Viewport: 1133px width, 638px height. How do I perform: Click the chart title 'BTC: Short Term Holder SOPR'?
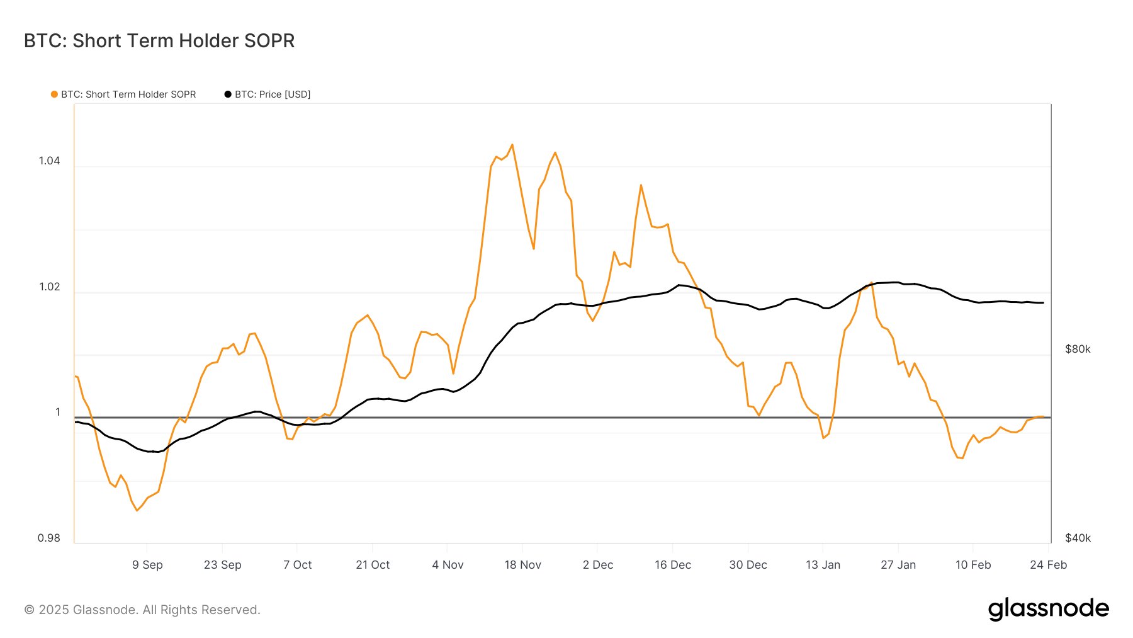(159, 41)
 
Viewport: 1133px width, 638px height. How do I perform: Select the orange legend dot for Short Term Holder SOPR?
(54, 94)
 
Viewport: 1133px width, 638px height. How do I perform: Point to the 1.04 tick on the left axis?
(50, 161)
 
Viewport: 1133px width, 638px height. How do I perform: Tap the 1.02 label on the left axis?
(50, 287)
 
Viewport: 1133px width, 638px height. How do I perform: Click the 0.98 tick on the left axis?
(49, 538)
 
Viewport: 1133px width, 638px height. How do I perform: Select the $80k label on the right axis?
(1078, 349)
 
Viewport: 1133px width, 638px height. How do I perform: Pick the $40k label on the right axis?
(1078, 538)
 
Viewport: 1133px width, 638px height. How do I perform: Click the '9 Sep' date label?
(147, 565)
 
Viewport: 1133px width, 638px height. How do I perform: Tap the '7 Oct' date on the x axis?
(298, 565)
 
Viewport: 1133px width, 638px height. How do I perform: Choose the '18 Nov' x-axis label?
(522, 565)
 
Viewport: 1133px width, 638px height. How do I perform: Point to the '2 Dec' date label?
(598, 565)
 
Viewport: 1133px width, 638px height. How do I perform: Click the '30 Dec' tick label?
(748, 565)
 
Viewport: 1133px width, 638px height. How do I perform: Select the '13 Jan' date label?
(823, 565)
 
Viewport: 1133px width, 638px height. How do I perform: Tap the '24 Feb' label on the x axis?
(1048, 565)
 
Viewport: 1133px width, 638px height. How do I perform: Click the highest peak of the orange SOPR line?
(512, 145)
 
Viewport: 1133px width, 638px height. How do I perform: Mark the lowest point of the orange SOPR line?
(137, 511)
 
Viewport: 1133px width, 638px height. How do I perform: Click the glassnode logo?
(1048, 608)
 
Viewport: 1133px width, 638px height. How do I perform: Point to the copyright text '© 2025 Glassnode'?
(142, 610)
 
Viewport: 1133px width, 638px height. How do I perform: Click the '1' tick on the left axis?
(58, 412)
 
